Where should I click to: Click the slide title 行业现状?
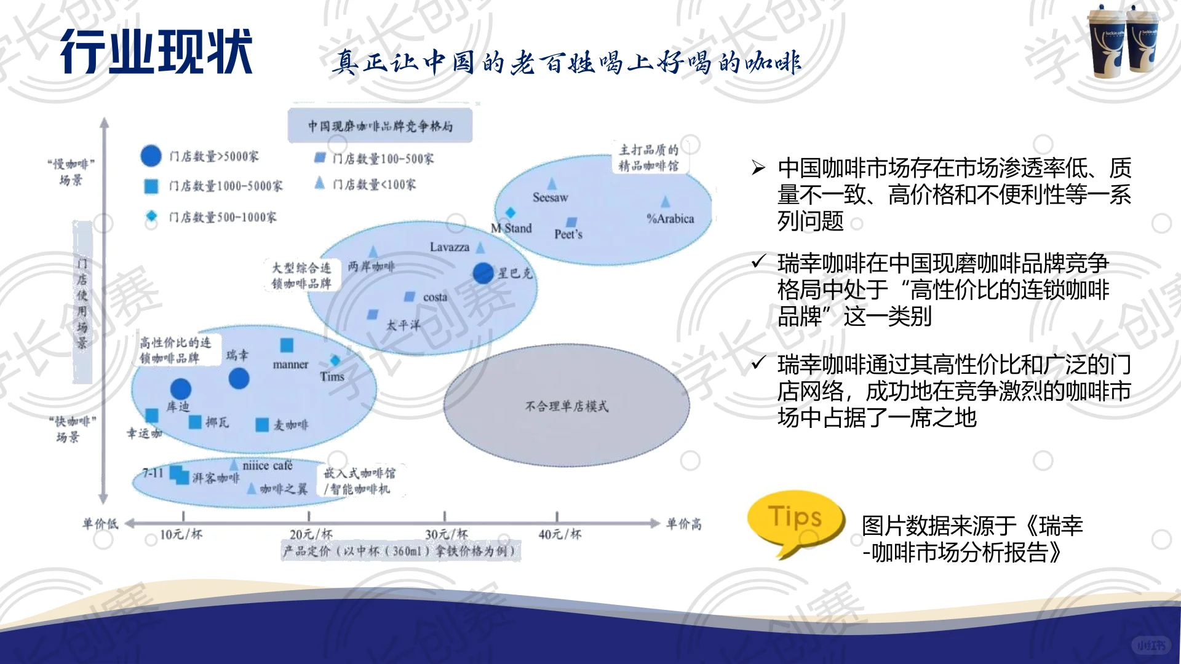[156, 52]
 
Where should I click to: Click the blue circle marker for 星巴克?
[483, 273]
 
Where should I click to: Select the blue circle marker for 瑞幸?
[239, 379]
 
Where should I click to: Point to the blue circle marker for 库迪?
[180, 389]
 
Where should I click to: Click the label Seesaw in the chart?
[550, 197]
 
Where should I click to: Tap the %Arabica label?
[670, 219]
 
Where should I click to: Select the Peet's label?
[568, 234]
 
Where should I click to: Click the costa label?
[435, 298]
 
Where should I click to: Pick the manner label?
[290, 365]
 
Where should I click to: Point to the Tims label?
[332, 377]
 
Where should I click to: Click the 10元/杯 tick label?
[181, 534]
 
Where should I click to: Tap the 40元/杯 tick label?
[560, 534]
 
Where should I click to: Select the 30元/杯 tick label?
[447, 534]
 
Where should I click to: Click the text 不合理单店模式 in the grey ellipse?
[567, 406]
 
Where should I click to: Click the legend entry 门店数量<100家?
[374, 184]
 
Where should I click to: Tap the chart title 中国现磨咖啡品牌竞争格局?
[380, 126]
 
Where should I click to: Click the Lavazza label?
[449, 247]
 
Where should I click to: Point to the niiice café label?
[268, 466]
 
